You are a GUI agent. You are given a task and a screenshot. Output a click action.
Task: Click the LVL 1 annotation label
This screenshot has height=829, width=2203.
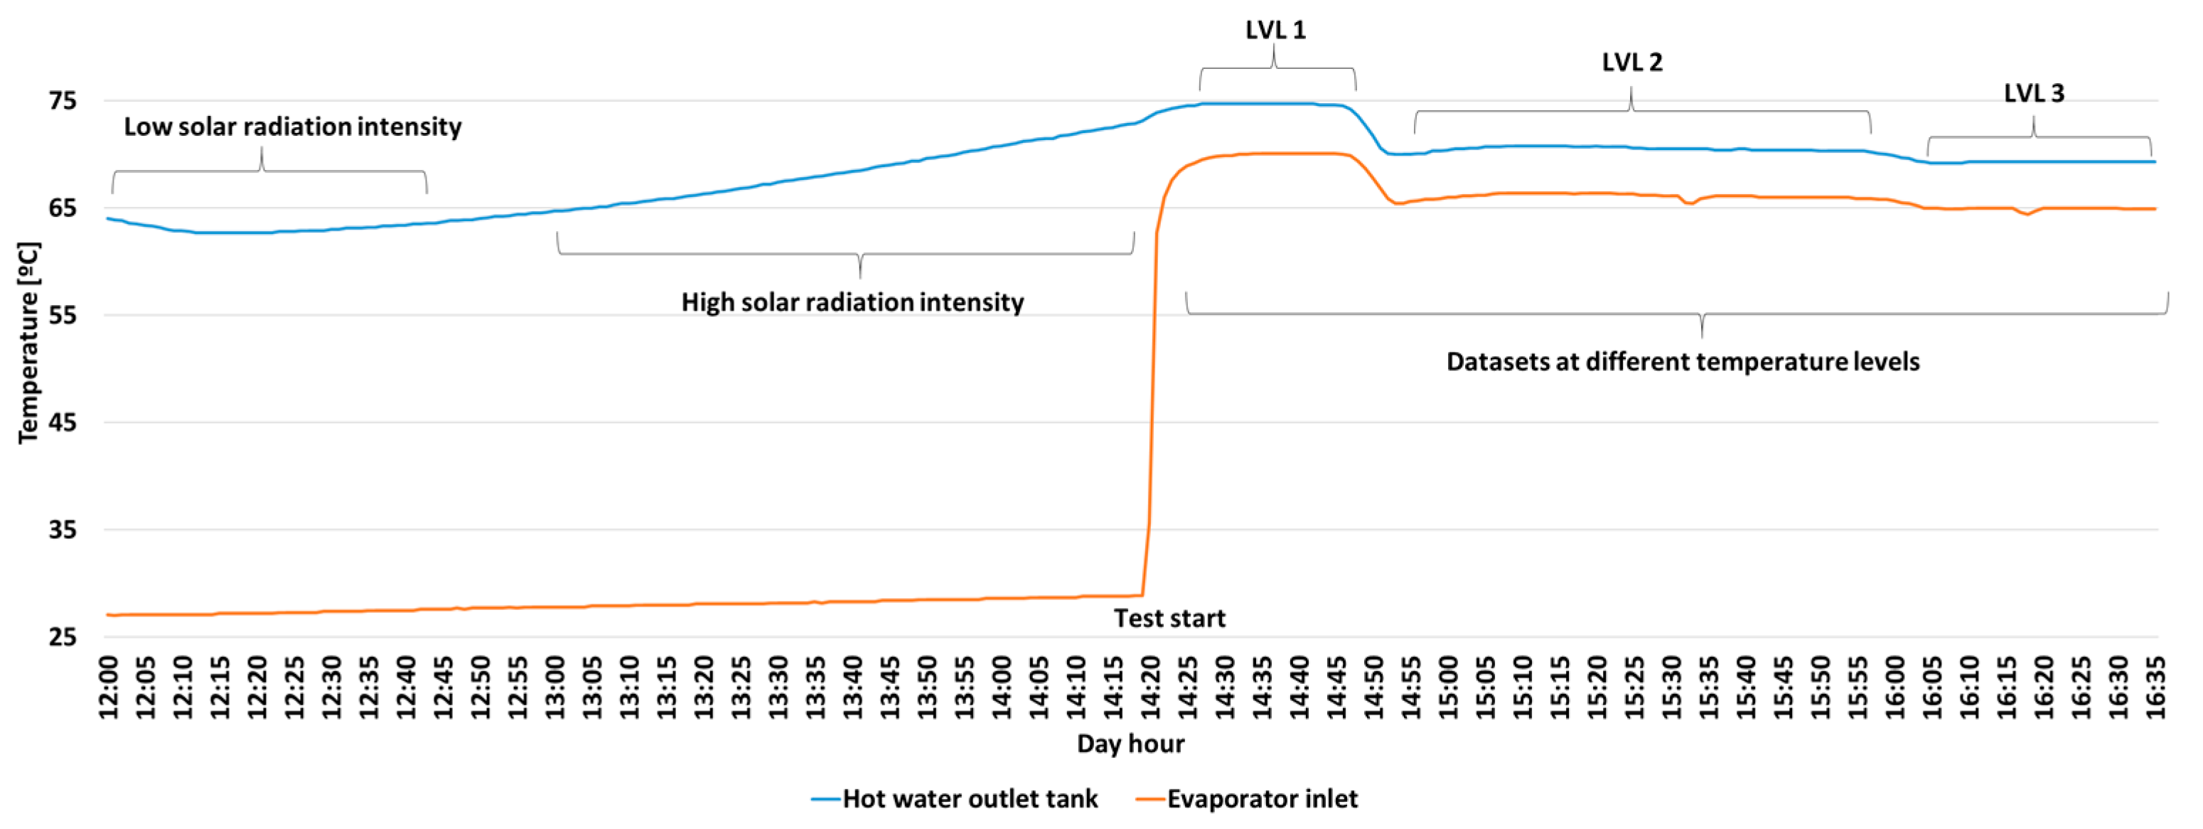click(1275, 30)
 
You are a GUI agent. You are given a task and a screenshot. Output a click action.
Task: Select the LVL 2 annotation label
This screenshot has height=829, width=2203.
click(1631, 63)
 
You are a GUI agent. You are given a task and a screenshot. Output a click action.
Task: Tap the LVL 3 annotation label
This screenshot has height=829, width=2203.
click(2034, 93)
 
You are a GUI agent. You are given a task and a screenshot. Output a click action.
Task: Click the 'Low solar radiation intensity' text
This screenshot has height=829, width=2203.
click(292, 127)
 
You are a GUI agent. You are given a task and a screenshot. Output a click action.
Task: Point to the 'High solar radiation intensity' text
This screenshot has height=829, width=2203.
click(852, 302)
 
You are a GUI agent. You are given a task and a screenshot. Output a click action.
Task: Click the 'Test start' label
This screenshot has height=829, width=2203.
click(1169, 618)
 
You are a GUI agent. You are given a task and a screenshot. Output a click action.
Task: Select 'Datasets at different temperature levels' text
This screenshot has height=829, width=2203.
click(1682, 362)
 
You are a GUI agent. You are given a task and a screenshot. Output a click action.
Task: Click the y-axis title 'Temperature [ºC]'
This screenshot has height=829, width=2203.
click(28, 342)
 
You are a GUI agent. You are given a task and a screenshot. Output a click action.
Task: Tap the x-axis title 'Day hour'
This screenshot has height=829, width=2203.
click(1130, 744)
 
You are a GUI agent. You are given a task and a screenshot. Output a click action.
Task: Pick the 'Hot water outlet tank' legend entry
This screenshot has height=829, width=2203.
click(970, 799)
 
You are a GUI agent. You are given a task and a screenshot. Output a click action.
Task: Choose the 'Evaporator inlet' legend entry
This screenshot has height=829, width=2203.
click(1261, 799)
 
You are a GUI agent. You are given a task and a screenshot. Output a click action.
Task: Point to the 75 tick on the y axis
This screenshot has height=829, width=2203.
click(63, 101)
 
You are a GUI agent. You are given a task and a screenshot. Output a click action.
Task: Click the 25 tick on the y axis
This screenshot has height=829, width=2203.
click(63, 637)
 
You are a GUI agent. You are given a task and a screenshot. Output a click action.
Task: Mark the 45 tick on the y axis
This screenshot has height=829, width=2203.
click(63, 422)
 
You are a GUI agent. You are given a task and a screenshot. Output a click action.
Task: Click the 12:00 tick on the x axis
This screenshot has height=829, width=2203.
click(109, 687)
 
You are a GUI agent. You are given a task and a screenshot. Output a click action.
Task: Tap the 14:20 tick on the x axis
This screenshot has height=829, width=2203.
click(1150, 687)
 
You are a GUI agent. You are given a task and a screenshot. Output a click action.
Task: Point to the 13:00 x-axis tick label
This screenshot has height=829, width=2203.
click(556, 687)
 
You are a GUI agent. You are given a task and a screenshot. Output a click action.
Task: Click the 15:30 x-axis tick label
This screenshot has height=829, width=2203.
click(1671, 687)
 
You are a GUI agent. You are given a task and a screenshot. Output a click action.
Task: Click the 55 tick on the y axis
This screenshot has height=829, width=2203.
click(63, 316)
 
